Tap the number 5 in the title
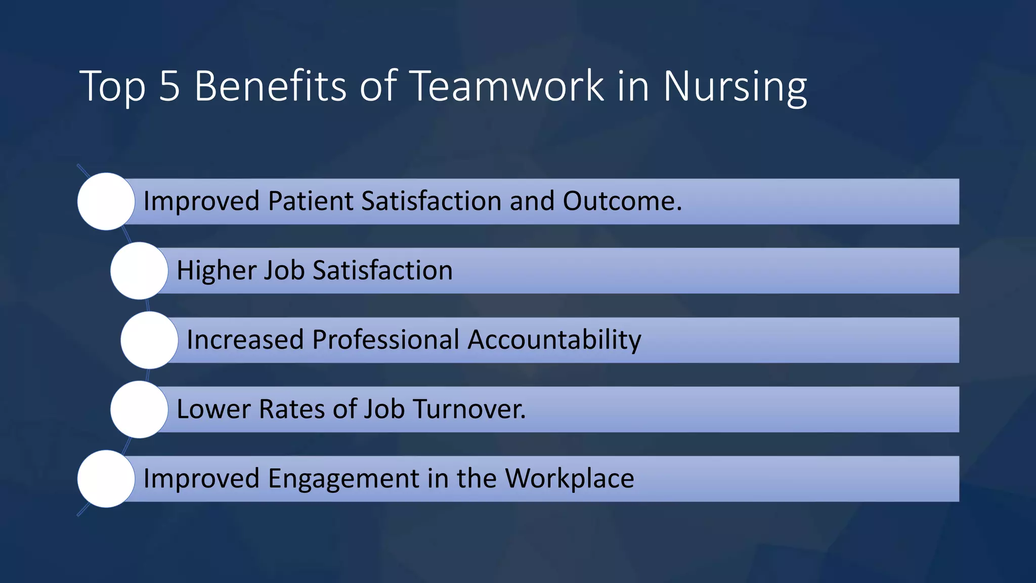pos(169,86)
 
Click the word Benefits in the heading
pos(270,86)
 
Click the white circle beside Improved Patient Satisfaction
pos(106,201)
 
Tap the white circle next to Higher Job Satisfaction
pos(139,271)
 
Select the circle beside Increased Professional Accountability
pos(149,340)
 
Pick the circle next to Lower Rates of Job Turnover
pos(139,409)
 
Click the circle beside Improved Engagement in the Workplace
pos(106,479)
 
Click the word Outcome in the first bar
pos(622,201)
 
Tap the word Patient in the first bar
pos(310,201)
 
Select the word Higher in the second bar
pos(216,270)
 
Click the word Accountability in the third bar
pos(554,340)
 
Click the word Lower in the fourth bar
pos(213,409)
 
